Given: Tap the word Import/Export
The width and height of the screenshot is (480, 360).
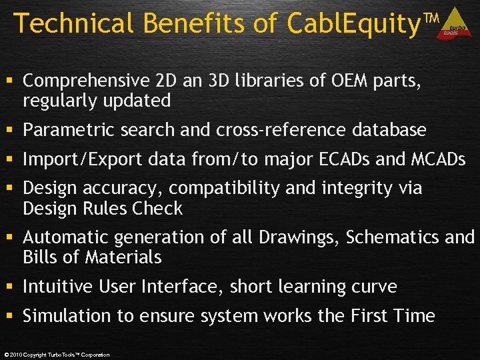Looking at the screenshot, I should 73,159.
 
